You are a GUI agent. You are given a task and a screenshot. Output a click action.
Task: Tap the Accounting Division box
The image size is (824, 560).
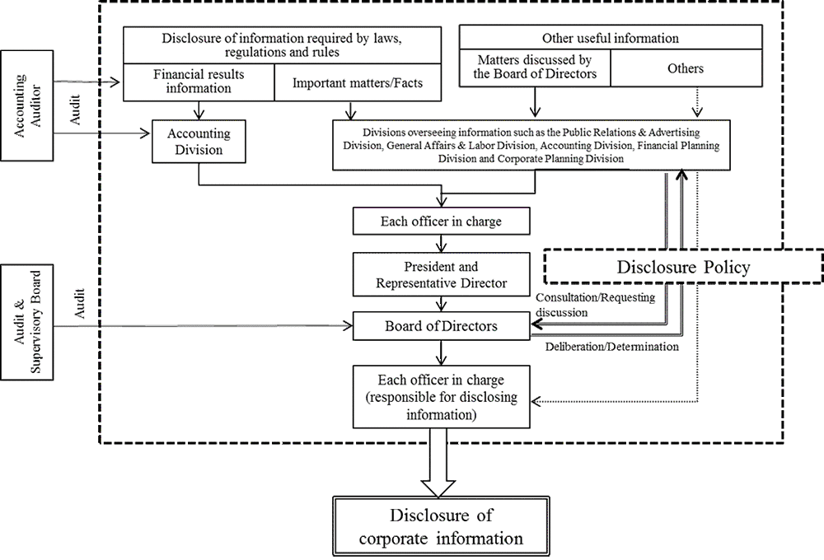199,142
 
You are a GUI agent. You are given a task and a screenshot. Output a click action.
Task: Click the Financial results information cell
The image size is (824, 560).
198,81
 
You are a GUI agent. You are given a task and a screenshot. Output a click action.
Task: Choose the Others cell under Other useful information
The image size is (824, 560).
685,68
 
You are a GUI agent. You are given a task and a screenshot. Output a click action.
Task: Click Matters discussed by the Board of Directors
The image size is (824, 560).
534,68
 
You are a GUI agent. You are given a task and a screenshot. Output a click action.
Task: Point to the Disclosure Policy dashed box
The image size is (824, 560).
683,267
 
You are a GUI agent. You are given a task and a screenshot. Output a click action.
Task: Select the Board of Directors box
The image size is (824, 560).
442,327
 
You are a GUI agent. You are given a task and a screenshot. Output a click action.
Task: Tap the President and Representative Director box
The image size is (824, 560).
442,275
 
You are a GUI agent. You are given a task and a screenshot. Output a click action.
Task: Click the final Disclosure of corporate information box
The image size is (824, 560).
443,528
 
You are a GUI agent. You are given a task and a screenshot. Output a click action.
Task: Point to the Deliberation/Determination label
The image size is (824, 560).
612,347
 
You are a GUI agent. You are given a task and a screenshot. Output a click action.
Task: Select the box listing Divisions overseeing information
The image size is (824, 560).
531,145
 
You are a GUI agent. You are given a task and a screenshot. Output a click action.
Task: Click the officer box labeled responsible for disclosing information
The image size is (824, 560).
442,397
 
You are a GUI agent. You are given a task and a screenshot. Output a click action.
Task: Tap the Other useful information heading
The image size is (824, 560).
610,38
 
